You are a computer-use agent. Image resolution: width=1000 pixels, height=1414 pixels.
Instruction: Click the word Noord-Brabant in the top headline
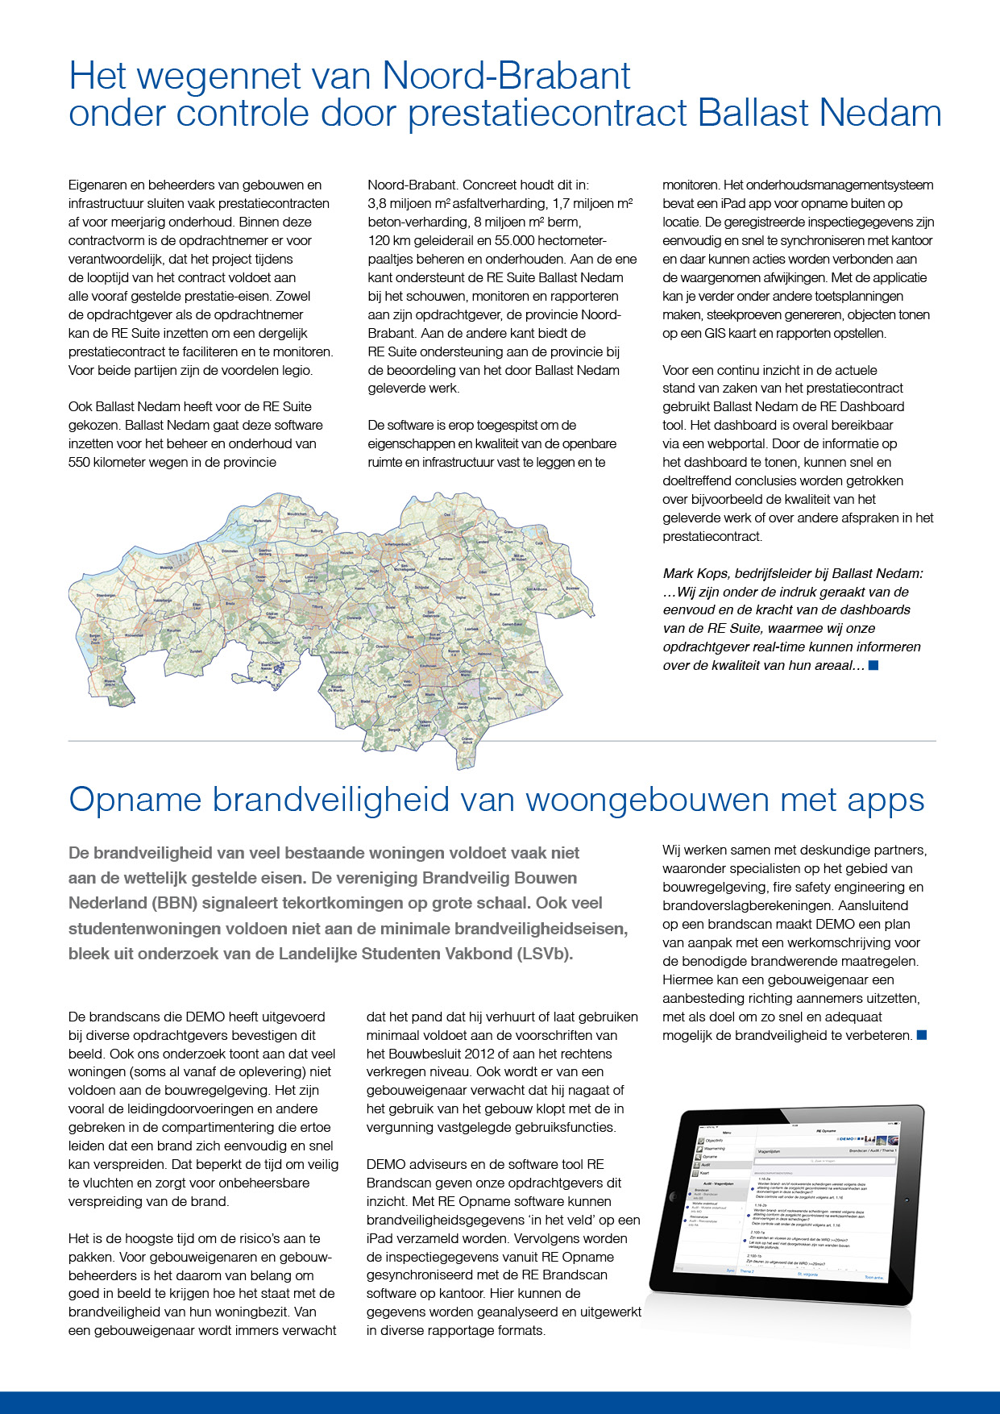[506, 76]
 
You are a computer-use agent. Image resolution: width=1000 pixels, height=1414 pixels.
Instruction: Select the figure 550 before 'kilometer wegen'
[80, 462]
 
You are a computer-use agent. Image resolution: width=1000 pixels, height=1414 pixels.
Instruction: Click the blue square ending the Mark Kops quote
[873, 665]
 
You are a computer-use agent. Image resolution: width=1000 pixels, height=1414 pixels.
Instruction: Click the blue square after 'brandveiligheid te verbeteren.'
[922, 1035]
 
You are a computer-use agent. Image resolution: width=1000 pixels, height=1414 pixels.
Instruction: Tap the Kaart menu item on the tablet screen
[705, 1173]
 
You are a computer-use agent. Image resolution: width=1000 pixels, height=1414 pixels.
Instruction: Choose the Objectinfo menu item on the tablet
[713, 1141]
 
